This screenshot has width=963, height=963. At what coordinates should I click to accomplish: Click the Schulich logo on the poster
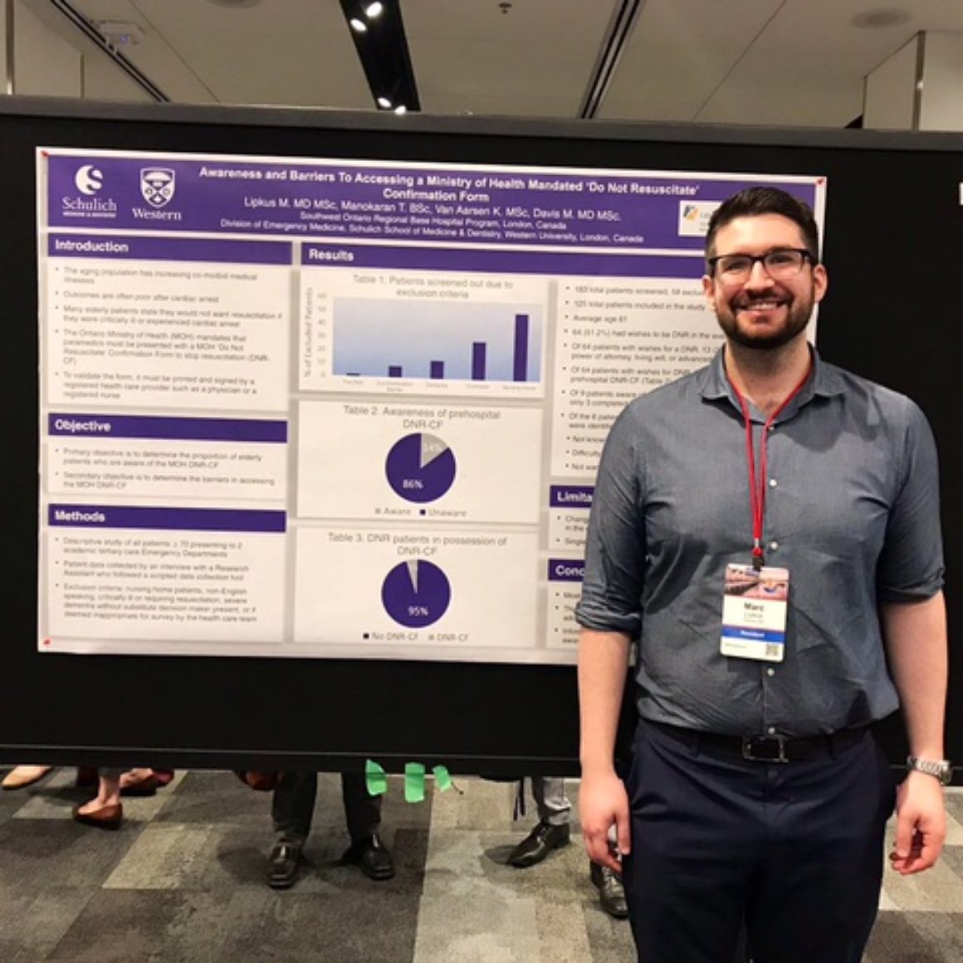pyautogui.click(x=89, y=189)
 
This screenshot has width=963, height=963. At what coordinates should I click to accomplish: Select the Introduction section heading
pyautogui.click(x=91, y=247)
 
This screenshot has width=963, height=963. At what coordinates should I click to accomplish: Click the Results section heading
pyautogui.click(x=331, y=255)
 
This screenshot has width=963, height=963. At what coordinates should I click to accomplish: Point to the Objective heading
pyautogui.click(x=83, y=426)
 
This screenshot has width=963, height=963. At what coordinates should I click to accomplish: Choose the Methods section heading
pyautogui.click(x=80, y=516)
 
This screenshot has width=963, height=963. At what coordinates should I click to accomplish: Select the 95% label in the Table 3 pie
pyautogui.click(x=418, y=611)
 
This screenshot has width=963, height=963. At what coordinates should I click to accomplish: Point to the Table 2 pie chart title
pyautogui.click(x=421, y=413)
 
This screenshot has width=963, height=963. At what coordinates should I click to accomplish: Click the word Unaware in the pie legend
pyautogui.click(x=448, y=512)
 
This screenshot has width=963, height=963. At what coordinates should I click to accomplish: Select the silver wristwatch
pyautogui.click(x=930, y=768)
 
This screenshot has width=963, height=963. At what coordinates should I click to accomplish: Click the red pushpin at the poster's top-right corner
pyautogui.click(x=820, y=182)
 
